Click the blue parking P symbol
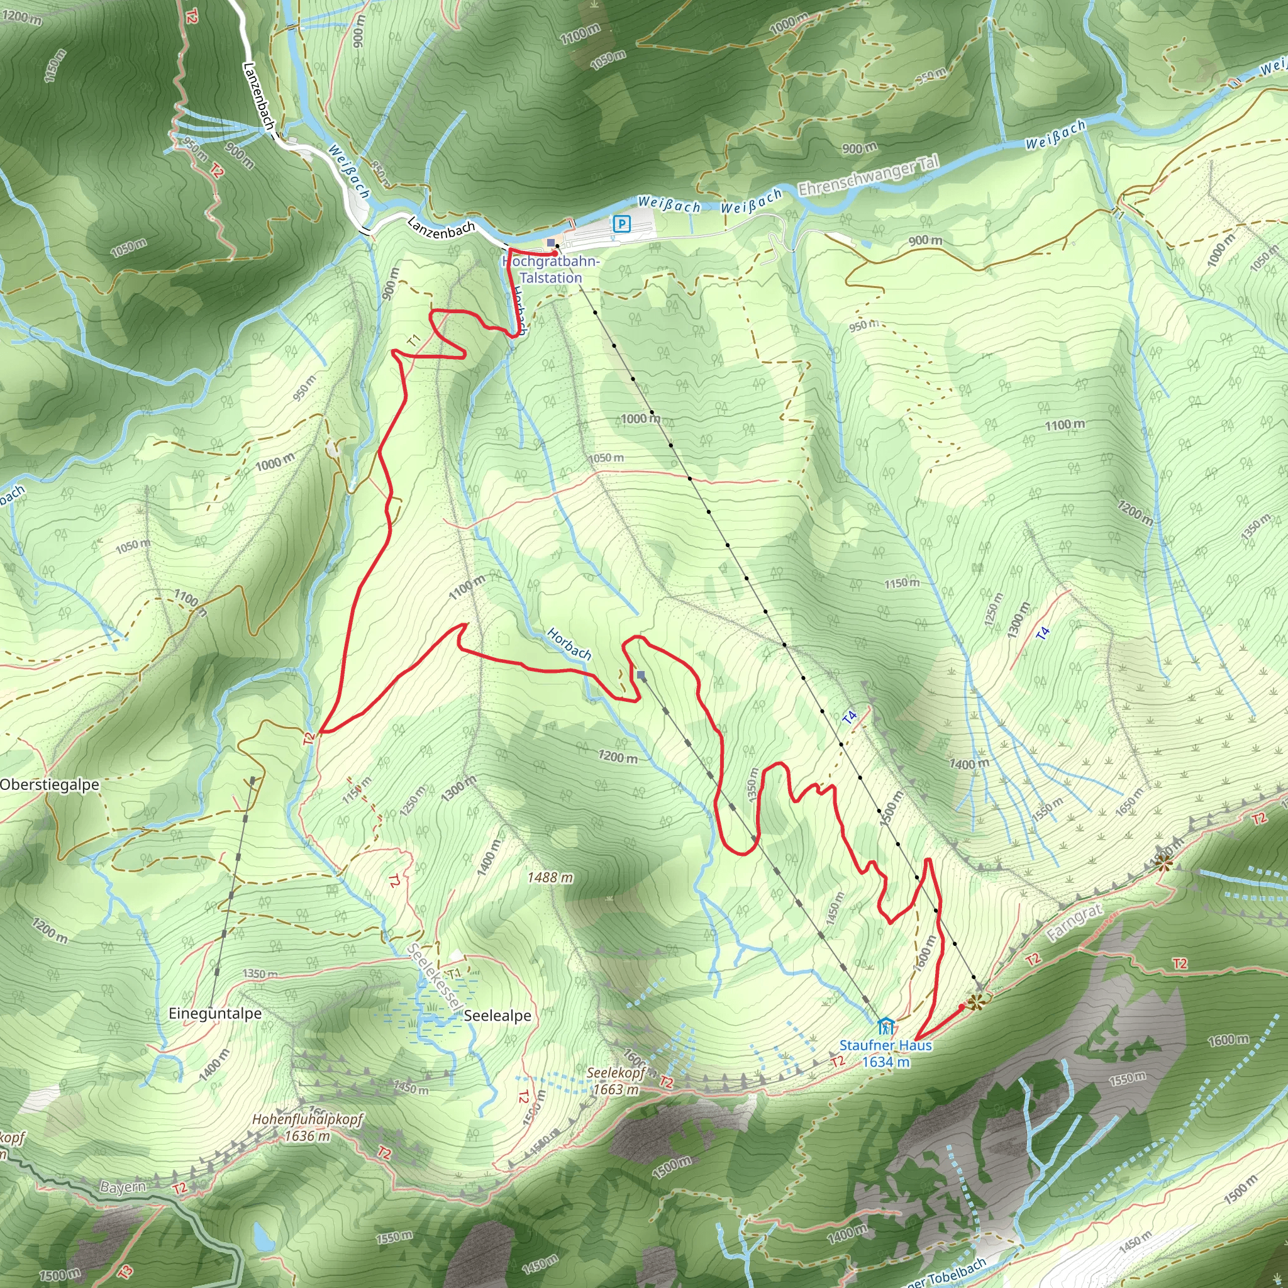tap(621, 224)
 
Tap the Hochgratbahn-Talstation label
tap(551, 269)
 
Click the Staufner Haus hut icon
tap(885, 1026)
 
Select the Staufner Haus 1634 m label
tap(885, 1053)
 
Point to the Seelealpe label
tap(497, 1015)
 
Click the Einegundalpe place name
tap(214, 1013)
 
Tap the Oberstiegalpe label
tap(49, 785)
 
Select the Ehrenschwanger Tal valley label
tap(869, 175)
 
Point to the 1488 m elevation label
tap(550, 877)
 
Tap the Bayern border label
tap(123, 1187)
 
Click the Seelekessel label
tap(435, 977)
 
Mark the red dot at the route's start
tap(554, 254)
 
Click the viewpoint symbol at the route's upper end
tap(976, 1002)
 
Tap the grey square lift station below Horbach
tap(641, 675)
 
